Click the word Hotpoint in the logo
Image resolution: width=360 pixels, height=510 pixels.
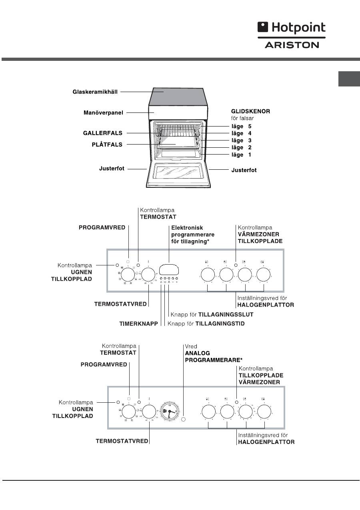(298, 28)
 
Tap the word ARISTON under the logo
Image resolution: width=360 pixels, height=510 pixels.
(292, 45)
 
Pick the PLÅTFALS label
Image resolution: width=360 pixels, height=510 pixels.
(105, 145)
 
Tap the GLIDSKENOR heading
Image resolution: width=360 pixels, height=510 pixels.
(250, 111)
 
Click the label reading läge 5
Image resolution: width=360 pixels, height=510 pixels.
(241, 126)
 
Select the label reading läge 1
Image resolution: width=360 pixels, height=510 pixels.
(241, 155)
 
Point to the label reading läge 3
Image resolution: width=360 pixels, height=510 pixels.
(241, 141)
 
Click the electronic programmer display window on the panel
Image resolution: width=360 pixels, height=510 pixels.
(169, 269)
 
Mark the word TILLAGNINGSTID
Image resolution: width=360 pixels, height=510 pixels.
(220, 323)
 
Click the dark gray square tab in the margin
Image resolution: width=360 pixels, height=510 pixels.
(349, 79)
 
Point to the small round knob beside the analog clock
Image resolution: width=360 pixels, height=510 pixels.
(184, 420)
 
